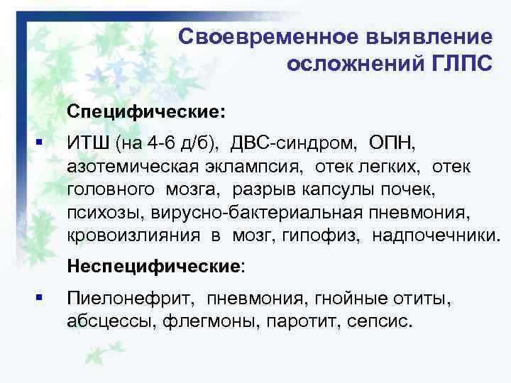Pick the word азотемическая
(121, 166)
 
